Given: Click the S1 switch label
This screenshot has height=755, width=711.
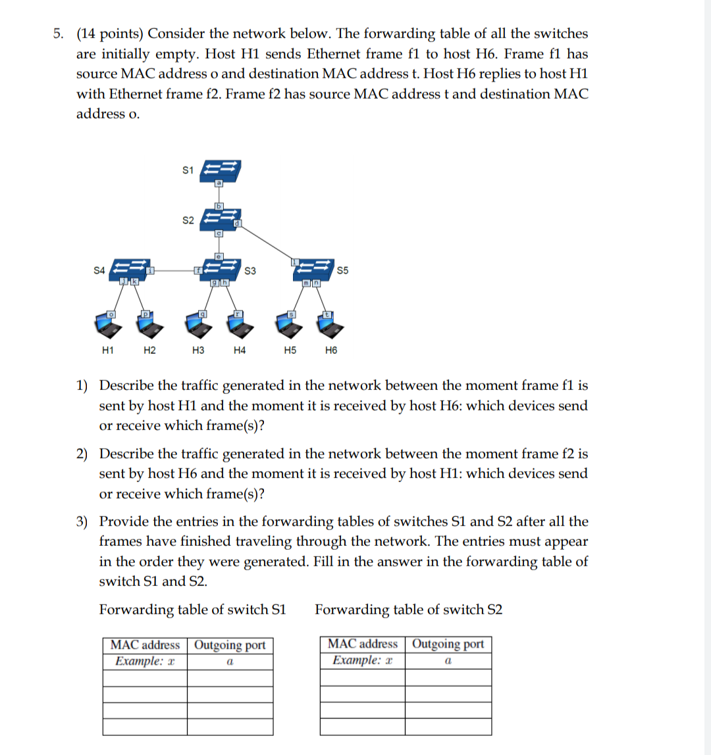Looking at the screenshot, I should (188, 170).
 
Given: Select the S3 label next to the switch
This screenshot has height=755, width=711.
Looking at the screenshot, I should (251, 270).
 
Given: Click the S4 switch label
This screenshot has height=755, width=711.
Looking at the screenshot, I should (99, 269).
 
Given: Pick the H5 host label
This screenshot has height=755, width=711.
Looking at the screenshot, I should (289, 351).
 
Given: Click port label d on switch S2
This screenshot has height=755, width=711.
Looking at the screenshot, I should (238, 225).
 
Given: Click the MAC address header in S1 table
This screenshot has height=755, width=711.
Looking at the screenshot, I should (145, 645).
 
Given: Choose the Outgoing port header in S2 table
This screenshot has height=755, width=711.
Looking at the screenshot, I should (448, 644).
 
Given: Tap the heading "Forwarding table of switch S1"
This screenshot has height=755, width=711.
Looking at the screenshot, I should (192, 610).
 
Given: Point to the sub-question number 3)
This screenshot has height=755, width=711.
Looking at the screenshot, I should (83, 522).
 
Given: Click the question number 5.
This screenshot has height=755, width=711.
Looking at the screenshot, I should (59, 34).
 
